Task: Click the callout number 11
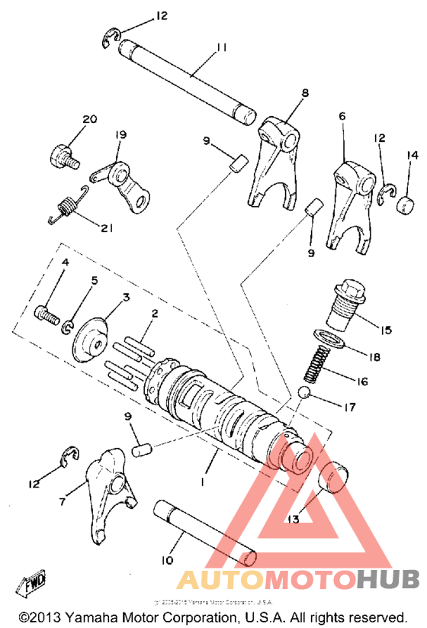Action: (222, 47)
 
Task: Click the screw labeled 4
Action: (48, 313)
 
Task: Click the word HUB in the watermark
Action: (387, 580)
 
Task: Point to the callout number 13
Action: (294, 520)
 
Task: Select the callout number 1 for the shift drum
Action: (202, 482)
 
